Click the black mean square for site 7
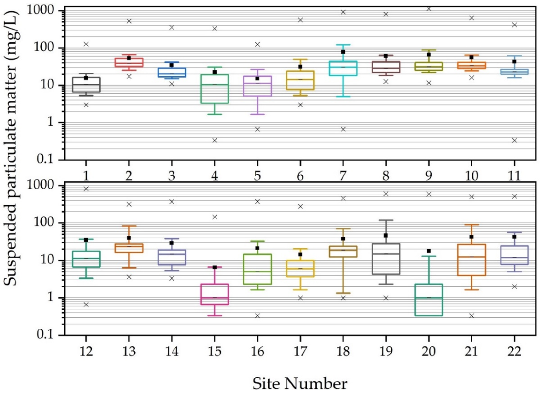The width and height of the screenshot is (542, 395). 343,52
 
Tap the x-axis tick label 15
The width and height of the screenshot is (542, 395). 214,351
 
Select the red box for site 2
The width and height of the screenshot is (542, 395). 129,62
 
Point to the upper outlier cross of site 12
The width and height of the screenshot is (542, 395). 86,189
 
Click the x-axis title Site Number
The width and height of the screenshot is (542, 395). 300,384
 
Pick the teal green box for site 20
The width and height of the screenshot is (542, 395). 429,300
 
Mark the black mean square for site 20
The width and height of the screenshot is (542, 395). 429,251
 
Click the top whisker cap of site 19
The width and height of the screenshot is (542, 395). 386,220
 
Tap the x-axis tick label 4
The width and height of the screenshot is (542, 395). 214,176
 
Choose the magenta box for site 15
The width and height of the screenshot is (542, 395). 214,294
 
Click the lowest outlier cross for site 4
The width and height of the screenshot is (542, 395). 215,140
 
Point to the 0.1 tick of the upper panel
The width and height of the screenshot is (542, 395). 45,159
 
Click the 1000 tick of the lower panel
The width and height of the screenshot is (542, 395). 40,185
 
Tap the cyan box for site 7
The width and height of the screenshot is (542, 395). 343,68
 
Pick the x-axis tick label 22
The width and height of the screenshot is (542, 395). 514,351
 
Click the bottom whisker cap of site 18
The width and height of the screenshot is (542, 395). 343,293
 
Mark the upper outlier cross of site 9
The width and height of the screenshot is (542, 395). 429,9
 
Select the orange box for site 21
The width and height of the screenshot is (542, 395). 472,260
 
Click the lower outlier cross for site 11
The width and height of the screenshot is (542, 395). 515,140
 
